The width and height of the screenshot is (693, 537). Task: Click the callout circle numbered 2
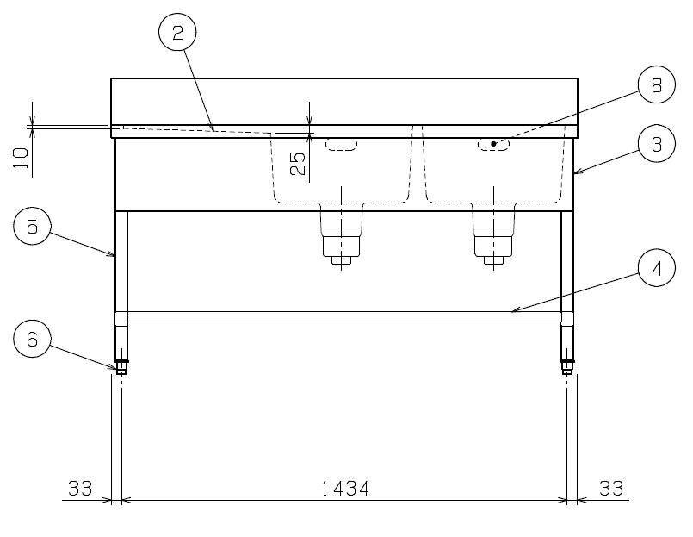pos(177,32)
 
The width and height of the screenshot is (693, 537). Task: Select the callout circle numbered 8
pos(657,84)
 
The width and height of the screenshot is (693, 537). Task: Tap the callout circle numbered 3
pos(657,144)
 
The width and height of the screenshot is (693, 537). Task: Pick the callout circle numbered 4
pos(657,268)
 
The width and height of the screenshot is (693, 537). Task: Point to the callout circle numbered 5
pos(32,226)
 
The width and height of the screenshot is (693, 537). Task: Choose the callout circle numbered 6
pos(32,340)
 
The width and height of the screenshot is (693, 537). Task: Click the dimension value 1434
pos(344,489)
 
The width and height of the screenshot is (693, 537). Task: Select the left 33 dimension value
pos(80,489)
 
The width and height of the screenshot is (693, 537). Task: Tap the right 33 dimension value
pos(611,489)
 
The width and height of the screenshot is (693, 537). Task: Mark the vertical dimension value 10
pos(21,158)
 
